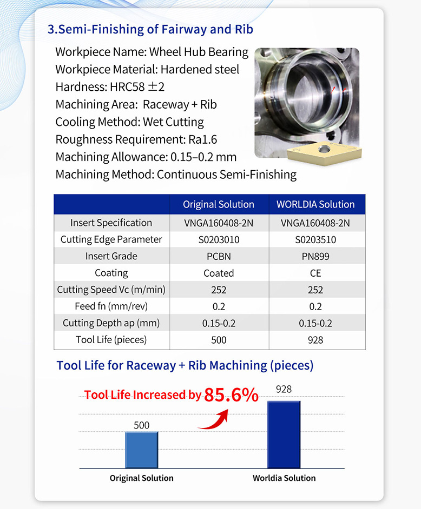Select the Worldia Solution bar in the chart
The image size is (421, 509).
(284, 434)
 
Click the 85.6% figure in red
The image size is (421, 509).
(231, 396)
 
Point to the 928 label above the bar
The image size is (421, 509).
(284, 389)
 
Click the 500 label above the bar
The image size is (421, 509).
(141, 425)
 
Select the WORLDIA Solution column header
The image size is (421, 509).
(315, 204)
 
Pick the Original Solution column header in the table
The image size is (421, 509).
(219, 204)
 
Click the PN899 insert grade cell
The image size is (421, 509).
(315, 256)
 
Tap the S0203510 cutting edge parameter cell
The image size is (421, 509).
(315, 239)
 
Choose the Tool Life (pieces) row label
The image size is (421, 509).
(111, 340)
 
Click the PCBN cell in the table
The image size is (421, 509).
(219, 256)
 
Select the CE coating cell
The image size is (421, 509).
(315, 273)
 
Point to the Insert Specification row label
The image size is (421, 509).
(111, 223)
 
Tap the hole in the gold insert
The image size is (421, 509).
(325, 148)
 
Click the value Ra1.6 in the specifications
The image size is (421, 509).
(202, 139)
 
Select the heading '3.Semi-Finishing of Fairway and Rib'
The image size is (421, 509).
(150, 29)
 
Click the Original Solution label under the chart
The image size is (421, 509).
(142, 478)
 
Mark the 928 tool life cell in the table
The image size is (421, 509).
(315, 340)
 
